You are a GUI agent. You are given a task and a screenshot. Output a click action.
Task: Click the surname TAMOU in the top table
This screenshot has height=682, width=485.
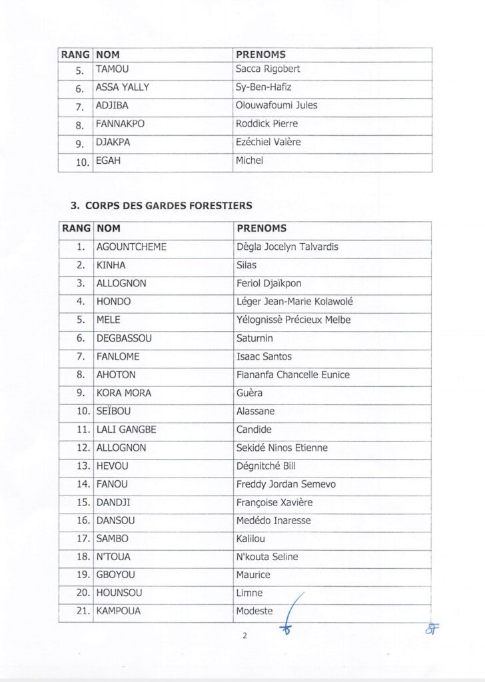[113, 69]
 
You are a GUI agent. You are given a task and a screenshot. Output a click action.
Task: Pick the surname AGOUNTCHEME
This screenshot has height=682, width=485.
[131, 247]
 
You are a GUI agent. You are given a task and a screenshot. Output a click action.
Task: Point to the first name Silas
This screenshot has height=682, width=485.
[246, 265]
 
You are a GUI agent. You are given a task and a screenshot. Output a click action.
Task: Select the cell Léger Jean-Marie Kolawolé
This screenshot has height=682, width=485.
[294, 302]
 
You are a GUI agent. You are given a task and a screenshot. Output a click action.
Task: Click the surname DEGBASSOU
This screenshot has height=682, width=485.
[124, 338]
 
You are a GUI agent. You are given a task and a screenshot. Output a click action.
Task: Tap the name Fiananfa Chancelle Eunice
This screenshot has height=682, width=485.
[293, 375]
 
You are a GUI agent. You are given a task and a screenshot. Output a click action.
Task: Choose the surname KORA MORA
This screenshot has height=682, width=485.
[124, 393]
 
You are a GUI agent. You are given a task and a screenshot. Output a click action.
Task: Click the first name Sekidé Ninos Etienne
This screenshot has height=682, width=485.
[282, 448]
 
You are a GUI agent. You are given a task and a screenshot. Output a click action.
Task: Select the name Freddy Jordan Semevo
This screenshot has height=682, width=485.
[286, 484]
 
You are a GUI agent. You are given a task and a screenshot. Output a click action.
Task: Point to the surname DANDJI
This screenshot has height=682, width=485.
[115, 502]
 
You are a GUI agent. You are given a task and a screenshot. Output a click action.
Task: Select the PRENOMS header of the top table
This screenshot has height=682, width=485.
[261, 53]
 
